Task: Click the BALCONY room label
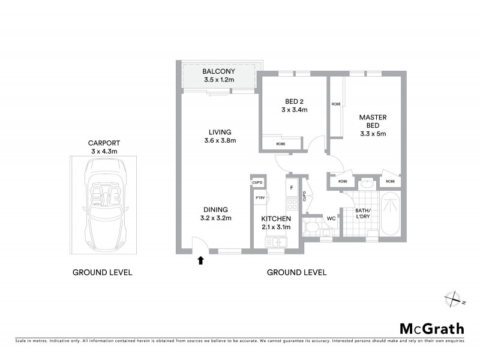[x=218, y=71]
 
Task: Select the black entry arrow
[x=200, y=260]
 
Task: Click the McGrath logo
[x=432, y=328]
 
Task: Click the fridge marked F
[x=291, y=188]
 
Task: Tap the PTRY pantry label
[x=260, y=198]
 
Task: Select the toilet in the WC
[x=311, y=227]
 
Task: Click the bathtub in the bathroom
[x=390, y=214]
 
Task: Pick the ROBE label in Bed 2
[x=281, y=144]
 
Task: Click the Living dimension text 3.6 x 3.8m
[x=220, y=141]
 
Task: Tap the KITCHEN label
[x=276, y=218]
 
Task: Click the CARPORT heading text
[x=104, y=143]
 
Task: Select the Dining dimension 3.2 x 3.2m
[x=215, y=218]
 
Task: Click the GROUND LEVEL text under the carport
[x=102, y=272]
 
